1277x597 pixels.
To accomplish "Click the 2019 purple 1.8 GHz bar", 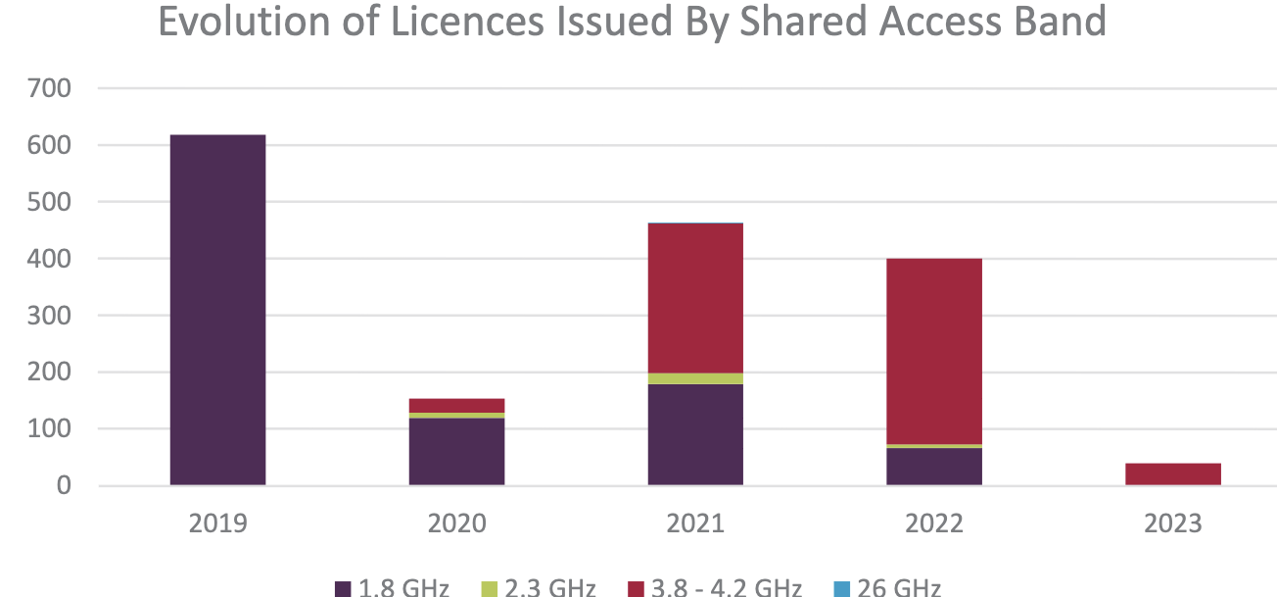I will click(x=217, y=310).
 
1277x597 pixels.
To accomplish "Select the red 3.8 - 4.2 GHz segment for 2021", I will click(x=695, y=298).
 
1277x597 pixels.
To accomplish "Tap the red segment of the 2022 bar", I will click(x=934, y=351).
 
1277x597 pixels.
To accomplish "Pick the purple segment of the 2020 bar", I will click(x=456, y=452).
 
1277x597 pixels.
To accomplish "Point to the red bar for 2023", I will click(x=1173, y=474).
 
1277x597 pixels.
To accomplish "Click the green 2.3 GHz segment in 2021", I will click(x=695, y=378).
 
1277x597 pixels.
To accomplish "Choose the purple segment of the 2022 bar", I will click(x=934, y=467).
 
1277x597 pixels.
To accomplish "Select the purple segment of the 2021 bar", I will click(x=695, y=434).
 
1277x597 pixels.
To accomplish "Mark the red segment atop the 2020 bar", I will click(x=456, y=406).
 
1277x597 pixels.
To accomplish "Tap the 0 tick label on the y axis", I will click(x=64, y=486).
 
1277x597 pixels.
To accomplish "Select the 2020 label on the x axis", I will click(x=456, y=523).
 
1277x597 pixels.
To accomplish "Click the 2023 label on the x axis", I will click(x=1173, y=523).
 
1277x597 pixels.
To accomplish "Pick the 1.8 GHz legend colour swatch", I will click(x=343, y=589).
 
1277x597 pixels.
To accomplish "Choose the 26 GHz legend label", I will click(x=899, y=588).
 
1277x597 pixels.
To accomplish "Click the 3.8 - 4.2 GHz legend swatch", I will click(x=635, y=589).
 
